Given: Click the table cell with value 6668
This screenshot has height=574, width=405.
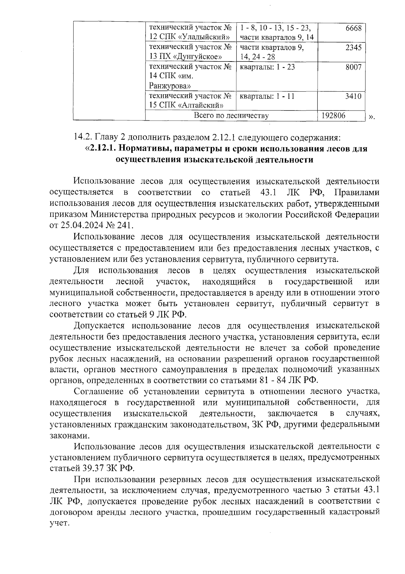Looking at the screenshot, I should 353,28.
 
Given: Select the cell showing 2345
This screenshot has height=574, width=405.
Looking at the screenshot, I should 353,48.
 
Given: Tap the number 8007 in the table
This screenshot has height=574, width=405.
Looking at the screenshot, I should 353,67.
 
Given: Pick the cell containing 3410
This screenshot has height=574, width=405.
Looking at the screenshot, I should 353,96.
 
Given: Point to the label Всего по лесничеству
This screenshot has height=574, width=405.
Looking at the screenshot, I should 231,116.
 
